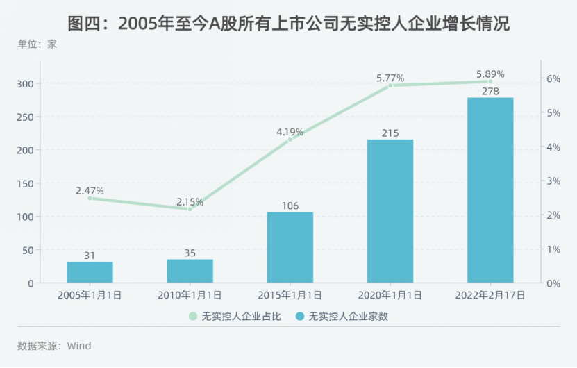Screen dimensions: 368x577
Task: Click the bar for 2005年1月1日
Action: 90,272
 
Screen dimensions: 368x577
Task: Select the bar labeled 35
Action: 190,271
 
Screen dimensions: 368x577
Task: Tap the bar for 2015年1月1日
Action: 290,247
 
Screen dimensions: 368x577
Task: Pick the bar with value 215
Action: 390,211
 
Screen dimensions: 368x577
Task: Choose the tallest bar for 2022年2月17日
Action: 490,190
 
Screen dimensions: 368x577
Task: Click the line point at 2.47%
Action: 90,199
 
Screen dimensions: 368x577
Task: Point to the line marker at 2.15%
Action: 190,209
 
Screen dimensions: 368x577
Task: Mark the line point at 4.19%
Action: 290,140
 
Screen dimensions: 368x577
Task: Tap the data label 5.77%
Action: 390,78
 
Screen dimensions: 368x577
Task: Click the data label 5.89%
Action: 490,74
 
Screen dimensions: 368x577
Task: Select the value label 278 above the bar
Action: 490,90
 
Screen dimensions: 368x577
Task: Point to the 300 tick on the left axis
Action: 26,83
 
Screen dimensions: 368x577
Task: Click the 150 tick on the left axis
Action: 26,183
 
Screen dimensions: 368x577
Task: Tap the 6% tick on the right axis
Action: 553,78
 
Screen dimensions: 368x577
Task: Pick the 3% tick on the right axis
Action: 553,181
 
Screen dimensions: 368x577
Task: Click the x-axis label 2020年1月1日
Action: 390,295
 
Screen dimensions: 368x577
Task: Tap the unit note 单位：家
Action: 37,44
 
